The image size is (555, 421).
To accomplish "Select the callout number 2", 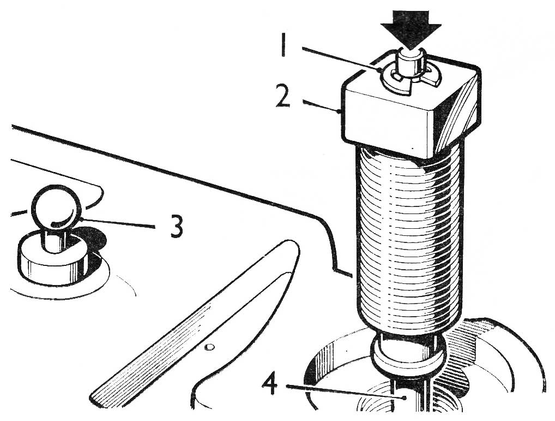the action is pyautogui.click(x=283, y=94).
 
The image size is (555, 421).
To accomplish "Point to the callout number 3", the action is pyautogui.click(x=176, y=227).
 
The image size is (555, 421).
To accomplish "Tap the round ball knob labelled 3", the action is pyautogui.click(x=57, y=207).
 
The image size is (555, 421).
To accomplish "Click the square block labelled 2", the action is pyautogui.click(x=411, y=110).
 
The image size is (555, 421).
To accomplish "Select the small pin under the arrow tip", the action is pyautogui.click(x=411, y=64).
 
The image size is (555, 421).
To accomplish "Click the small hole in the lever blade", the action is pyautogui.click(x=210, y=347).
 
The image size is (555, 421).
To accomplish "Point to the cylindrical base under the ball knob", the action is pyautogui.click(x=53, y=260).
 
